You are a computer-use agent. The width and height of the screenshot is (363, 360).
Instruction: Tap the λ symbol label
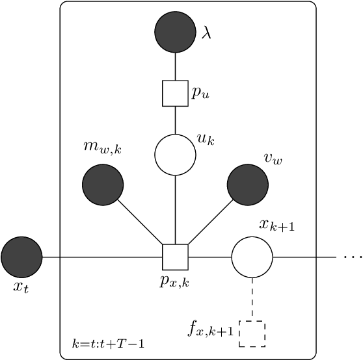(206, 33)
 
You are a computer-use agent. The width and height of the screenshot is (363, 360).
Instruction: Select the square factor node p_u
(175, 92)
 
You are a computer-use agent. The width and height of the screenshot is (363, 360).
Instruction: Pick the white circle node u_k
(175, 155)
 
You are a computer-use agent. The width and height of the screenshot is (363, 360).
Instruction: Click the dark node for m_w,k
(103, 185)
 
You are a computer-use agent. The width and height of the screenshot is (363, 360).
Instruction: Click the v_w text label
(273, 158)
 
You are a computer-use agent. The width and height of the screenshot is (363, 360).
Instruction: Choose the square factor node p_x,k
(175, 257)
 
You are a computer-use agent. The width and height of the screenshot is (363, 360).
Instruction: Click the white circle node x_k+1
(252, 257)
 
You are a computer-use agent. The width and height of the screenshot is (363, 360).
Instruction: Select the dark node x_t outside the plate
(21, 257)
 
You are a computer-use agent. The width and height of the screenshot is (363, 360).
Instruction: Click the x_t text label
(21, 287)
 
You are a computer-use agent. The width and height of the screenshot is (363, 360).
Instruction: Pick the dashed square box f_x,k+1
(252, 333)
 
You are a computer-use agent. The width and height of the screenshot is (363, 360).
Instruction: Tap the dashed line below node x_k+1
(252, 299)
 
